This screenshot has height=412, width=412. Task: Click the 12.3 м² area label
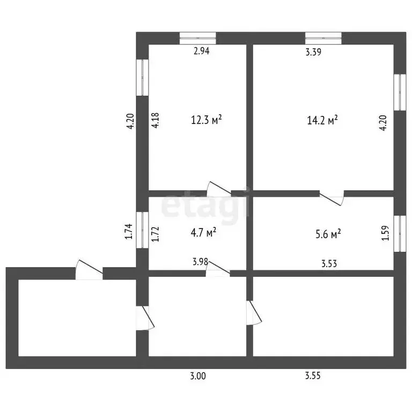coord(206,120)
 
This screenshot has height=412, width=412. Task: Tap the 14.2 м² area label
coord(322,120)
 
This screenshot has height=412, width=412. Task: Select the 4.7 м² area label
coord(204,232)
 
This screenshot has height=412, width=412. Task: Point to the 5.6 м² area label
coord(328,233)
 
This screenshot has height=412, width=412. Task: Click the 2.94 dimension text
coord(202,51)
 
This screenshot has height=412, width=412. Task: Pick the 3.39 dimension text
coord(313,51)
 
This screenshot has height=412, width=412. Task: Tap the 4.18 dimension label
coord(156,120)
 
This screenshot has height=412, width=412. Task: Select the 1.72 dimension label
coord(156,234)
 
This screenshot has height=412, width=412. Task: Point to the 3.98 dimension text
coord(200,262)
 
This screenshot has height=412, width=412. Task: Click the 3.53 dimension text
coord(329,263)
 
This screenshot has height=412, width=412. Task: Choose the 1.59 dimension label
coord(385,233)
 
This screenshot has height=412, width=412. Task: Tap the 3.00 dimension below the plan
coord(198,376)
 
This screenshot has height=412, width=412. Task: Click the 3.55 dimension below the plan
coord(313,376)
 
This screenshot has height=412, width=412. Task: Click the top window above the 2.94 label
coord(198,38)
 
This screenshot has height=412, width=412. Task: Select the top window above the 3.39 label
coord(323,38)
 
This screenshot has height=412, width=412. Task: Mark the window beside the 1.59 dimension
coord(400,234)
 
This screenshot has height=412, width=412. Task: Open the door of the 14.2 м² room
coord(332,197)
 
